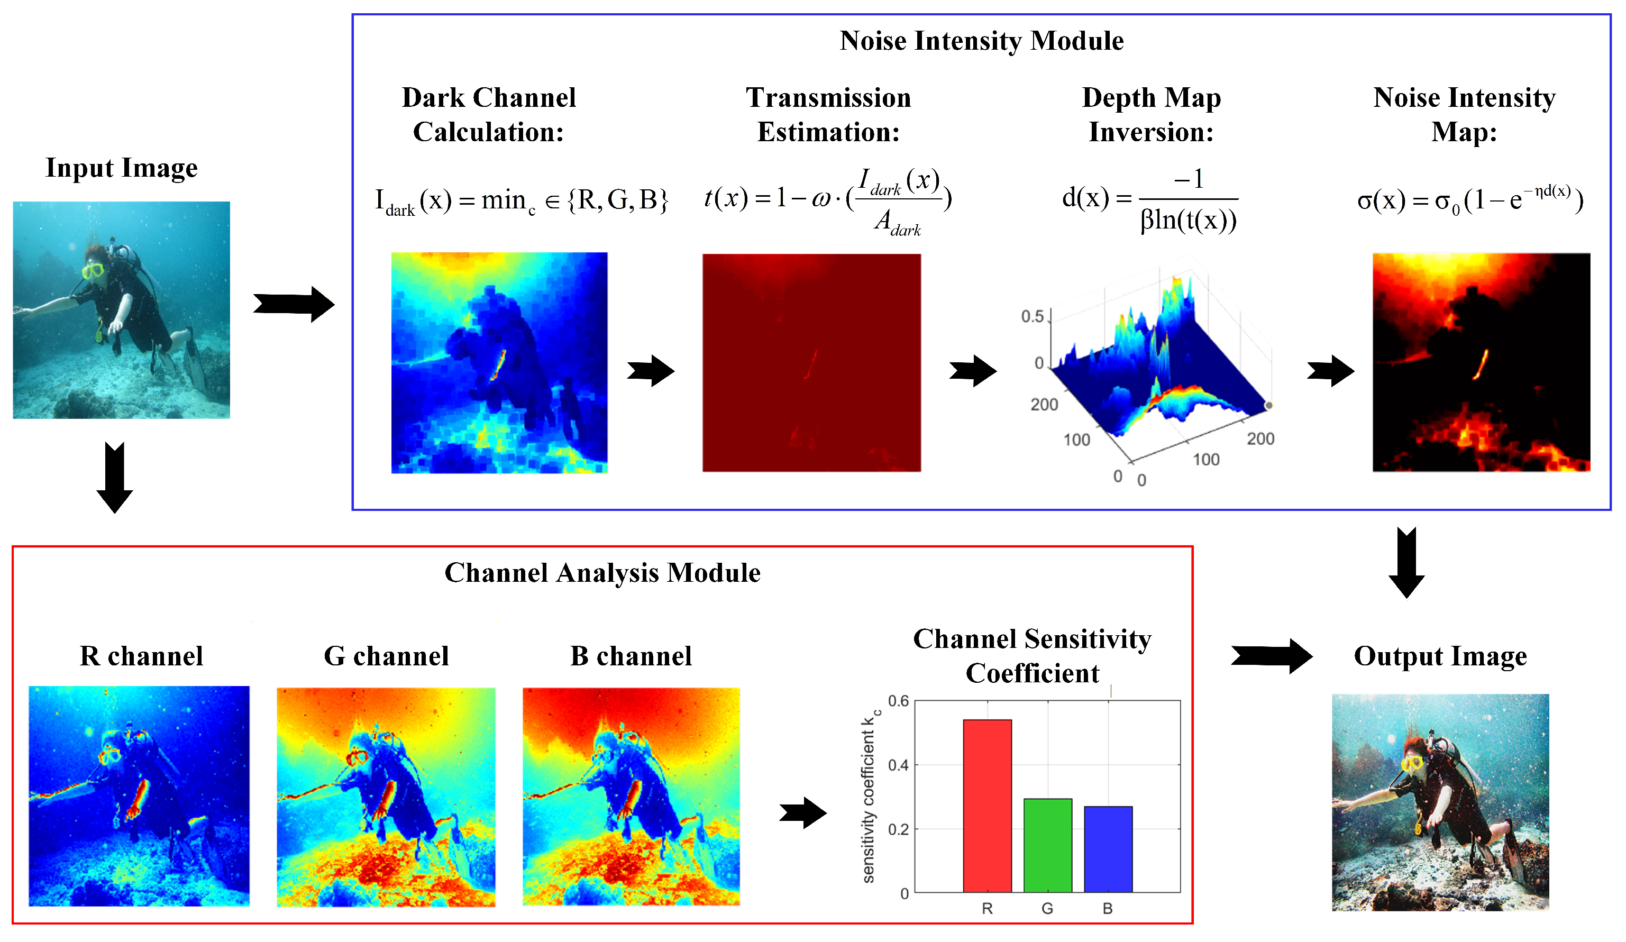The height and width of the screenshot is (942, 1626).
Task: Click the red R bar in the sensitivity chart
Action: coord(987,806)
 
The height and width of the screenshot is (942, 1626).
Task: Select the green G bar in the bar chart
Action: coord(1048,845)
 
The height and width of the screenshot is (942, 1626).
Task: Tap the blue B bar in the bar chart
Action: coord(1108,849)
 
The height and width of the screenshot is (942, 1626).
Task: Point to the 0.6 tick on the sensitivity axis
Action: coord(898,701)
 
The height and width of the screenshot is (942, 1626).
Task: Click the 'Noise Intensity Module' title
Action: coord(981,41)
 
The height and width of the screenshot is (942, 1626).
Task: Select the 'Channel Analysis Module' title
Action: coord(602,573)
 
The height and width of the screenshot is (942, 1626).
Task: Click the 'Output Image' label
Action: coord(1440,656)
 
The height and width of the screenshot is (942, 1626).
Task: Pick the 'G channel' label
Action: coord(386,656)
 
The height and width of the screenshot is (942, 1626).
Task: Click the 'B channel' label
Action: coord(631,656)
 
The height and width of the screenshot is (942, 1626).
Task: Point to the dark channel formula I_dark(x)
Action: coord(522,200)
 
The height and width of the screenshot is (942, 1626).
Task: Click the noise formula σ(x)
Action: coord(1470,200)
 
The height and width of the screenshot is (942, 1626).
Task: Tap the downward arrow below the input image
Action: coord(115,478)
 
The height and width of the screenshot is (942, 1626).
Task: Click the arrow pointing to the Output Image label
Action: coord(1271,656)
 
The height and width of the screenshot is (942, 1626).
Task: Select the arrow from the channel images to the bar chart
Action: coord(802,813)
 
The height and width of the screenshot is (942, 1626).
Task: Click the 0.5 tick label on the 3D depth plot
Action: coord(1032,316)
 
